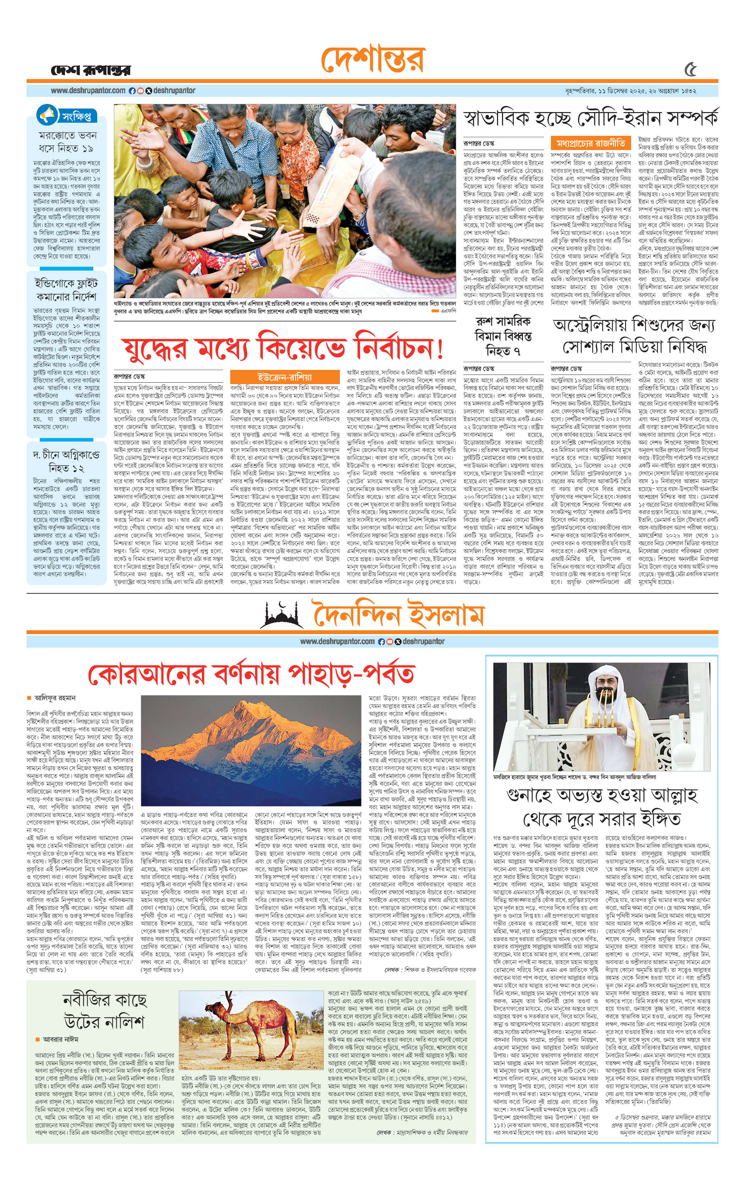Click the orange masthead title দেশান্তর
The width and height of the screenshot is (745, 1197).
pyautogui.click(x=372, y=60)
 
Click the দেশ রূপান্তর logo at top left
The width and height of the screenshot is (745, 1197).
pyautogui.click(x=91, y=71)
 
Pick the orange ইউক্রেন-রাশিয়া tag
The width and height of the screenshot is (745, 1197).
pyautogui.click(x=285, y=377)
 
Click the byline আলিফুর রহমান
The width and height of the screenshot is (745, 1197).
pyautogui.click(x=55, y=698)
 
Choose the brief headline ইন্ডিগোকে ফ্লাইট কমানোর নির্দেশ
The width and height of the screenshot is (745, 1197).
pyautogui.click(x=67, y=290)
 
